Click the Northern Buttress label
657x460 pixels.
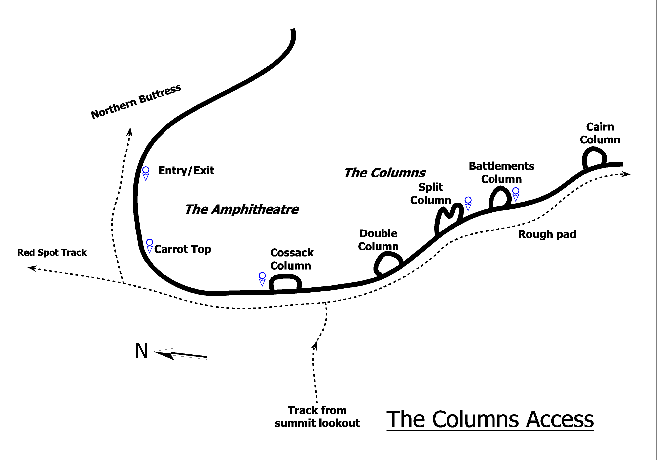pos(136,102)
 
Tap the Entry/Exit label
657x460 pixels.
pos(186,171)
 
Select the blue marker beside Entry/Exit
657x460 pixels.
pos(146,173)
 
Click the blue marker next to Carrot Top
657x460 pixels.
pos(150,245)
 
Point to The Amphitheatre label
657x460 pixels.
pos(242,209)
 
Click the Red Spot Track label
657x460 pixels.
pos(52,253)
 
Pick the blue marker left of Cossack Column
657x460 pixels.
pos(262,279)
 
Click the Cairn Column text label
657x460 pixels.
pos(600,133)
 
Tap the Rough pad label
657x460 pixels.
pos(547,234)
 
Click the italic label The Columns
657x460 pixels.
pos(385,173)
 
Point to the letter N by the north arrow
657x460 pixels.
pos(142,351)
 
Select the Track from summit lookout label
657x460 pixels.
pos(317,417)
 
